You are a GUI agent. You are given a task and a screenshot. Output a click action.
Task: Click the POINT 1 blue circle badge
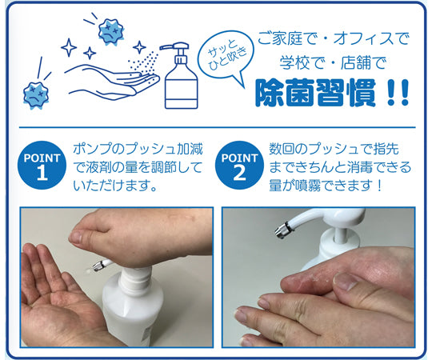(x=42, y=166)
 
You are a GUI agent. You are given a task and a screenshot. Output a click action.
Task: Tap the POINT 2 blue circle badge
(x=239, y=166)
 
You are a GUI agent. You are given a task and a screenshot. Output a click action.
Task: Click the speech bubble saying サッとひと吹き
(x=226, y=56)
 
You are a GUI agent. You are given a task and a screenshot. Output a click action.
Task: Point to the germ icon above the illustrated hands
(x=111, y=31)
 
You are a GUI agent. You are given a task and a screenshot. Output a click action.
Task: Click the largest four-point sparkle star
(x=69, y=48)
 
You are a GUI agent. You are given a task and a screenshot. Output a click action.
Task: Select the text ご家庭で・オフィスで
(x=333, y=39)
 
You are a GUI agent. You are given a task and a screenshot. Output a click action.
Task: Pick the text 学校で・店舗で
(x=333, y=63)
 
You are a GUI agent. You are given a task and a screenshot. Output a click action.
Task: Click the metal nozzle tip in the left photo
(x=97, y=266)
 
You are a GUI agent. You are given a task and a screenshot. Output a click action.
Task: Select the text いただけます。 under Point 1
(x=116, y=186)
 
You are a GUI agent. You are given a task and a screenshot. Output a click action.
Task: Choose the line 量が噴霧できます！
(x=326, y=186)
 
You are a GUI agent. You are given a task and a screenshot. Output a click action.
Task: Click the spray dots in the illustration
(x=143, y=65)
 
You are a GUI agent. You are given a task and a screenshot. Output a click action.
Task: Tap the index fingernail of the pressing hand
(x=75, y=235)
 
